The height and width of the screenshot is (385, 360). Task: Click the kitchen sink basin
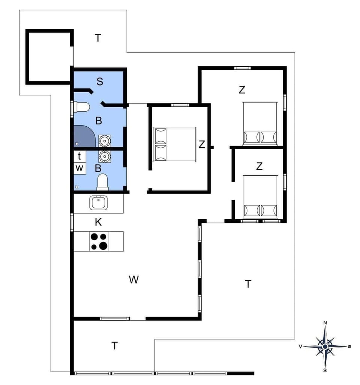pos(98,203)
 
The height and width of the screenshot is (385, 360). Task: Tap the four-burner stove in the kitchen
pos(99,241)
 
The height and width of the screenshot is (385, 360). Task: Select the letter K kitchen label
pos(98,222)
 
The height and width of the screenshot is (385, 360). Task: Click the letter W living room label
pos(133,280)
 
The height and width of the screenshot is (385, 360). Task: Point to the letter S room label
pos(100,82)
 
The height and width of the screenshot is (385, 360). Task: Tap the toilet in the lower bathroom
pos(102,183)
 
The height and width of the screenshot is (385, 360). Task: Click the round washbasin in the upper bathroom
pos(105,141)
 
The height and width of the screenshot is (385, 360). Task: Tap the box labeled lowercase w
pos(79,168)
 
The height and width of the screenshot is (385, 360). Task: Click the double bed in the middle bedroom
pos(175,144)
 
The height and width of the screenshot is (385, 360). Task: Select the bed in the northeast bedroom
pos(260,123)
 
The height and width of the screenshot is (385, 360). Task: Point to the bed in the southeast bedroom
pos(260,196)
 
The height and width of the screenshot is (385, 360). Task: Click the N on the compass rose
pos(325,322)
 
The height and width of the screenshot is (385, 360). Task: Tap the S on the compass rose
pos(325,370)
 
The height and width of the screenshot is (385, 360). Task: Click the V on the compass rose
pos(300,347)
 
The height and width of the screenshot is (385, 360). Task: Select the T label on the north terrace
pos(98,38)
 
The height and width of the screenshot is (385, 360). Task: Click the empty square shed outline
pos(49,57)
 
